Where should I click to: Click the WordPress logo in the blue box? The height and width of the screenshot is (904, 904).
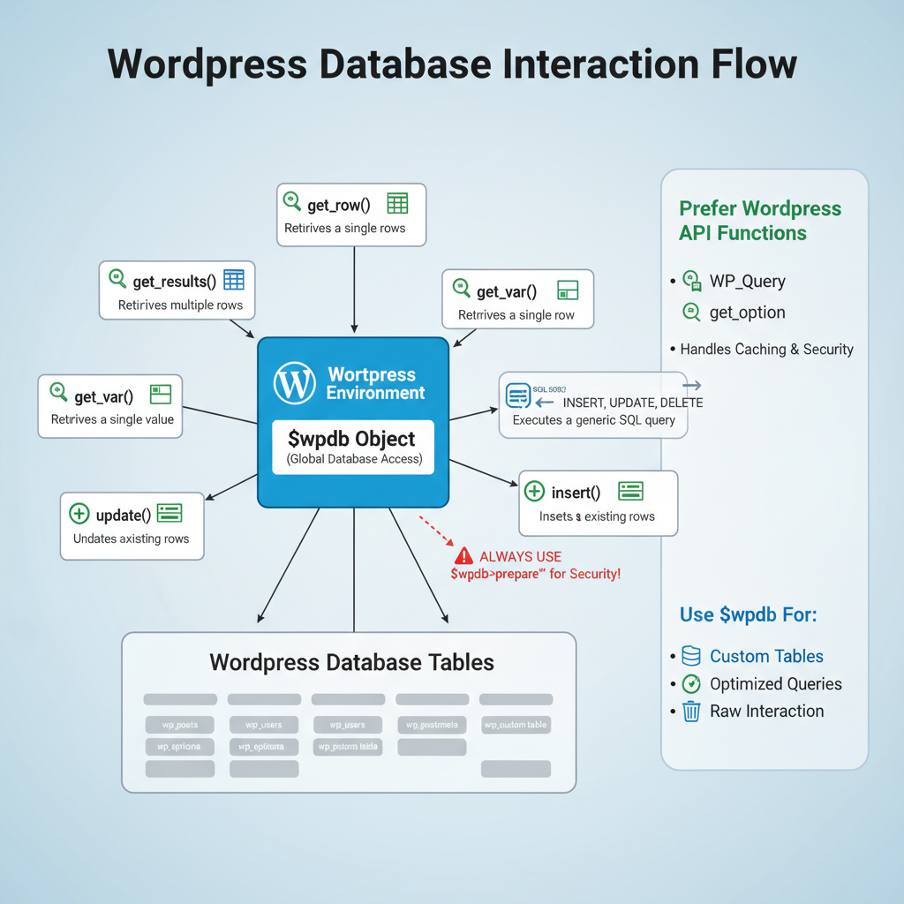(x=294, y=383)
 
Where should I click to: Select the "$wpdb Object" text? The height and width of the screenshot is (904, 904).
(x=352, y=439)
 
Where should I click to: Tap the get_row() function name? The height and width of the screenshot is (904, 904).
(x=339, y=205)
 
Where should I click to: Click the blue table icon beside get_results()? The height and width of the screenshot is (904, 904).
(x=233, y=281)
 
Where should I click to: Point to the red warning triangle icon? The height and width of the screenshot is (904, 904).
(x=463, y=556)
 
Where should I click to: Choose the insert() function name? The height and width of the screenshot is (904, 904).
(x=575, y=492)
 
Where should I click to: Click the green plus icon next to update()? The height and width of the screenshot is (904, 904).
(x=79, y=514)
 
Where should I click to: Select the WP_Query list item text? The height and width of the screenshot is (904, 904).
(x=747, y=282)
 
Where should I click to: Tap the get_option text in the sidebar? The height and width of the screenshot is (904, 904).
(x=747, y=313)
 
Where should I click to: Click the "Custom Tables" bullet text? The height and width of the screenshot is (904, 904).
(x=766, y=656)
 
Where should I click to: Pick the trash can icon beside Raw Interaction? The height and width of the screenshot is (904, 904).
(x=691, y=711)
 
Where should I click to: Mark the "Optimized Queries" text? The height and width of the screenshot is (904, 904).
(x=775, y=683)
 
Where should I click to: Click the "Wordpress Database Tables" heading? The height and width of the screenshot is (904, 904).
(x=351, y=662)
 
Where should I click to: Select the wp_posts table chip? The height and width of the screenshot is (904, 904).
(x=179, y=725)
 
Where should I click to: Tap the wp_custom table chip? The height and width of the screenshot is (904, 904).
(x=516, y=725)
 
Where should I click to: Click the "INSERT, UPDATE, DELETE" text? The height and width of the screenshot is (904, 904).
(x=632, y=403)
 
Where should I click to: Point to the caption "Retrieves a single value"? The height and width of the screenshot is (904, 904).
(x=112, y=419)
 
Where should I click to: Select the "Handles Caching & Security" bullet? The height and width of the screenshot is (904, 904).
(x=766, y=349)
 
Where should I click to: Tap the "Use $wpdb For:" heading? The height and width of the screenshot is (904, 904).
(x=748, y=614)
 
